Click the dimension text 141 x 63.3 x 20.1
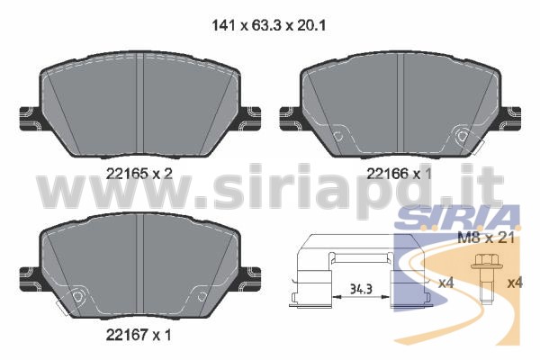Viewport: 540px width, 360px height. click(268, 25)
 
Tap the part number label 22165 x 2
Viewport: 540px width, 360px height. click(139, 174)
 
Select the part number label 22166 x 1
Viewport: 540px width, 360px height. click(399, 174)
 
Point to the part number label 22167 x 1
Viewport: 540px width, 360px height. click(139, 335)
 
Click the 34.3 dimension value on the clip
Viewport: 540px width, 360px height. click(361, 289)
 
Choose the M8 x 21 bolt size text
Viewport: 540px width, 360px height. click(486, 238)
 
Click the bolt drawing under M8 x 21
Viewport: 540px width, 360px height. click(486, 279)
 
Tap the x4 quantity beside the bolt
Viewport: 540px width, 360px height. click(515, 283)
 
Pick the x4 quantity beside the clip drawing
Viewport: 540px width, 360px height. click(446, 283)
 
